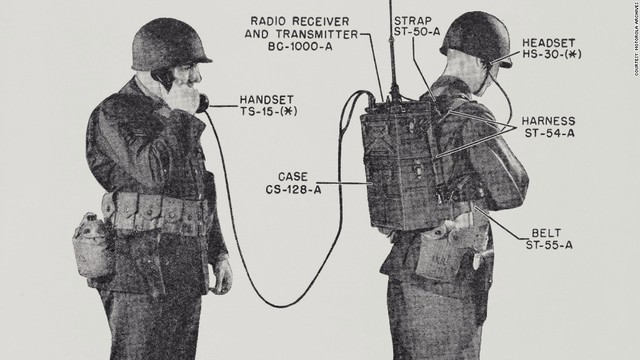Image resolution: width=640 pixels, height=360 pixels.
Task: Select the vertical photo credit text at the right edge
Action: [632, 44]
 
